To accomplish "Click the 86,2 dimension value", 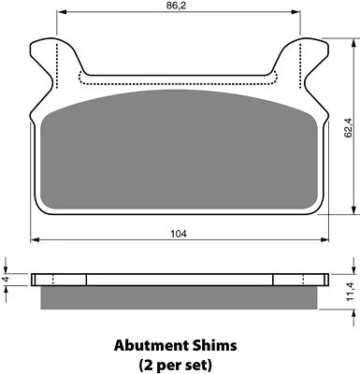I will tap(180, 7).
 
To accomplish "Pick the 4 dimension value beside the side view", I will tap(7, 278).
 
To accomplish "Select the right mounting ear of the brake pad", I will tap(311, 65).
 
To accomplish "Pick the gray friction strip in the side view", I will tap(180, 296).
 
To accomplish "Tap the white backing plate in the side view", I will tap(180, 279).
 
